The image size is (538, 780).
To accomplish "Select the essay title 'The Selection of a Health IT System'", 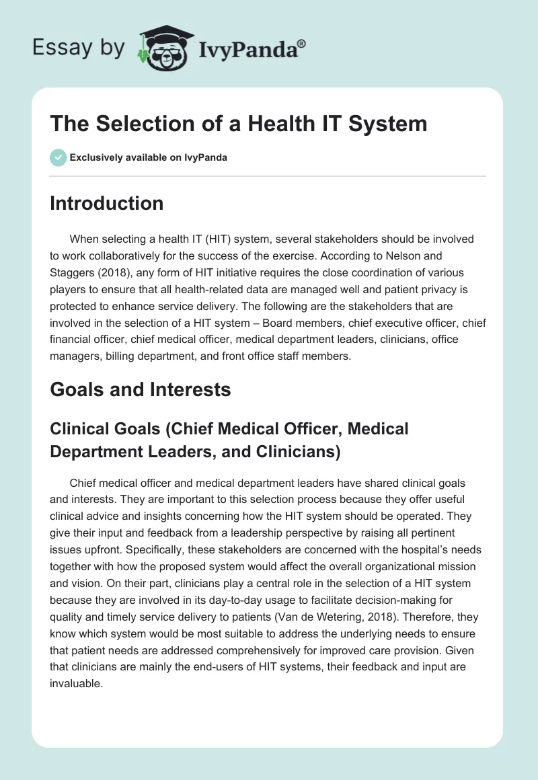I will (238, 124).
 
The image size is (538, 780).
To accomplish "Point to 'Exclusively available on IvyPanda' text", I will (149, 157).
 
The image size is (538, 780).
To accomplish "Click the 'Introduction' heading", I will (106, 203).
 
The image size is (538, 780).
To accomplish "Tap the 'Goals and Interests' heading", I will (140, 389).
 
